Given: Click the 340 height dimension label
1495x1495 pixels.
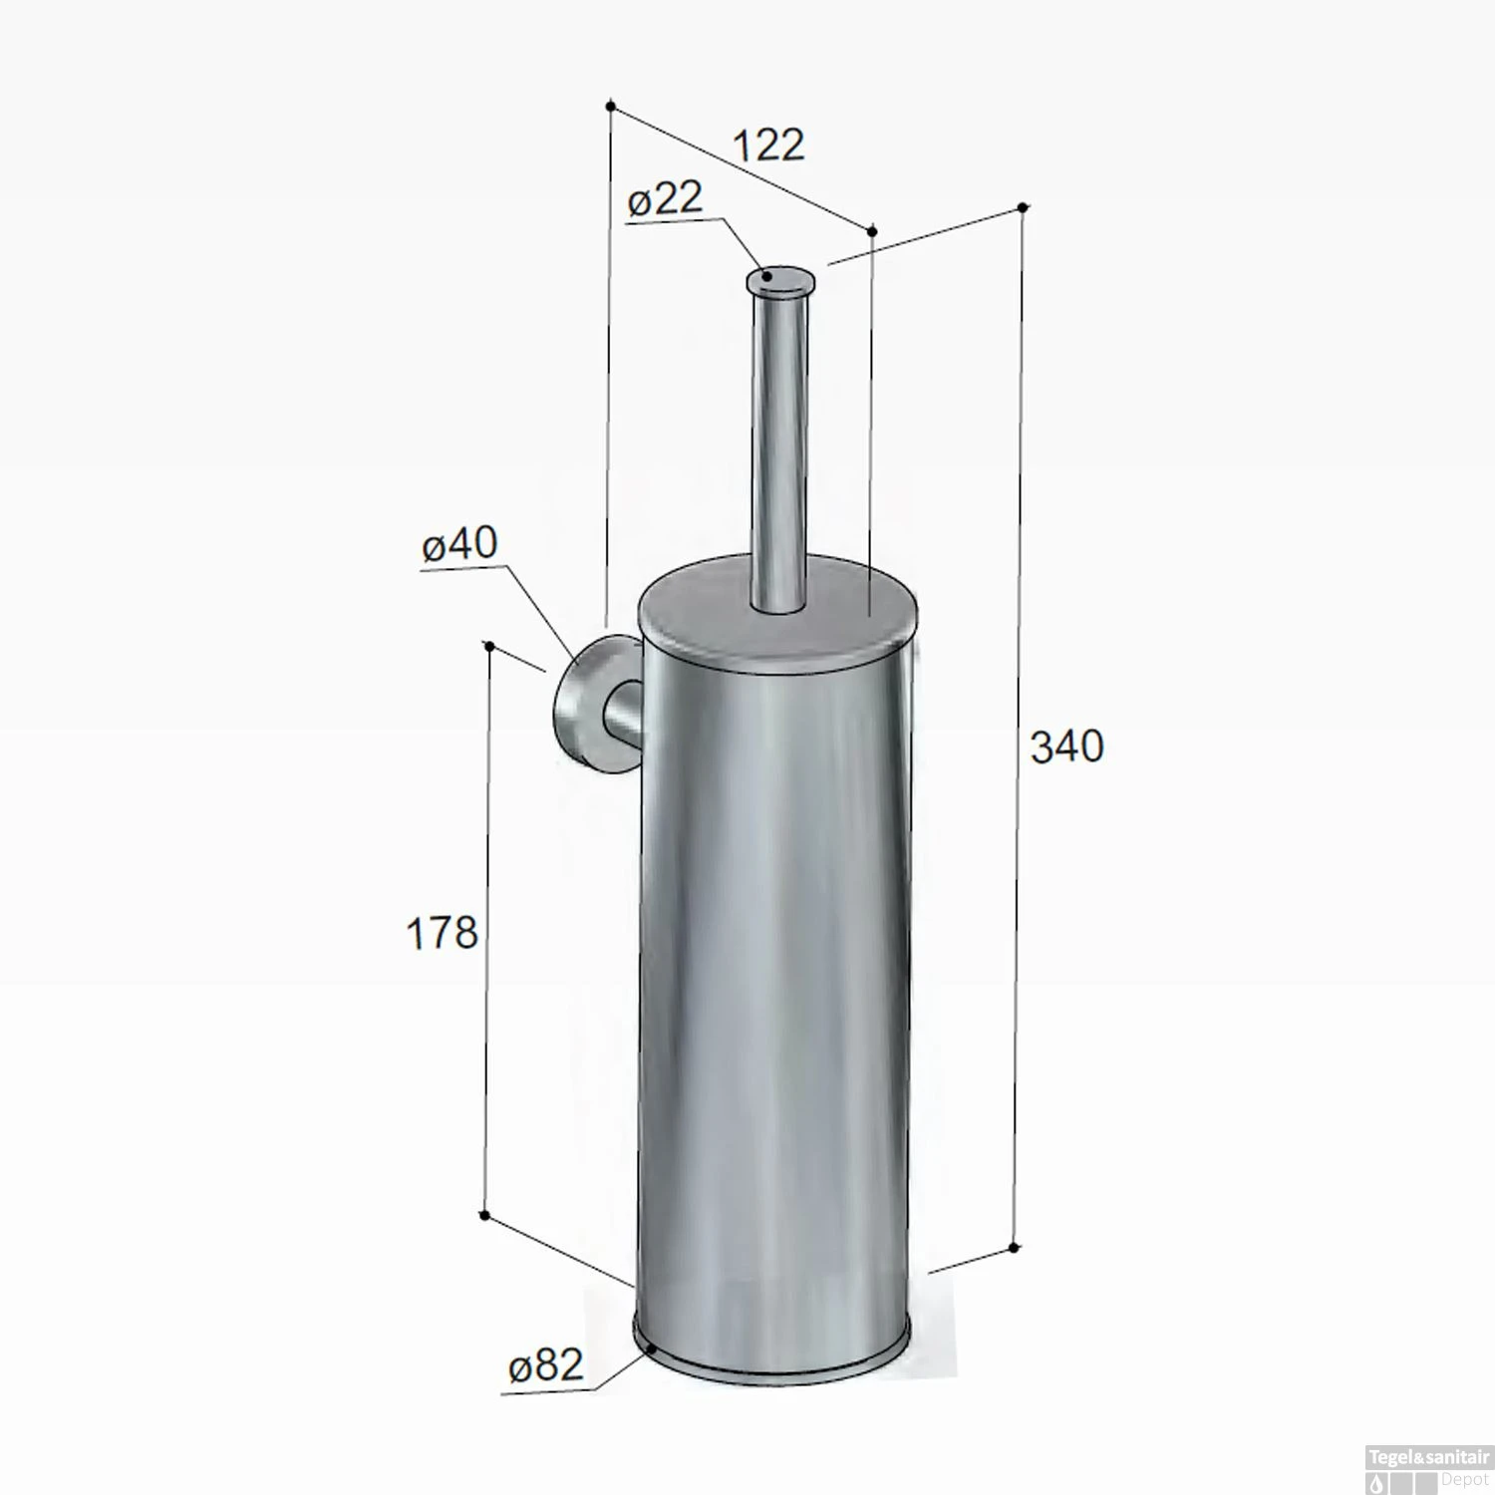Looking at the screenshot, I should coord(1066,747).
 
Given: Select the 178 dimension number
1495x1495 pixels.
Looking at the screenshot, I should coord(442,933).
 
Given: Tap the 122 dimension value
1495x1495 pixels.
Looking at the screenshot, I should coord(768,146).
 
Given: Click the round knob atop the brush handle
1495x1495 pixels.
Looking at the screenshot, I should coord(780,281).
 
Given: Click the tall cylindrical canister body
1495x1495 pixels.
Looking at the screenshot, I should coord(772,997).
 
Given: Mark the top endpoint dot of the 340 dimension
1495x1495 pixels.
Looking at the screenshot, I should coord(1023,207).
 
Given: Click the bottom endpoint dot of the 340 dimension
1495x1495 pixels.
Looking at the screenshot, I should coord(1014,1248).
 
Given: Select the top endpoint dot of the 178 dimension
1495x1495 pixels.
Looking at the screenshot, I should coord(489,646).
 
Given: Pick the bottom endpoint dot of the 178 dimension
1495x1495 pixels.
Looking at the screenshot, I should coord(484,1215).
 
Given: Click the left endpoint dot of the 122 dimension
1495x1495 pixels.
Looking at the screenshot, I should coord(611,105).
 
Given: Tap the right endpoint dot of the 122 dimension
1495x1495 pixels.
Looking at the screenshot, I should coord(872,231).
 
